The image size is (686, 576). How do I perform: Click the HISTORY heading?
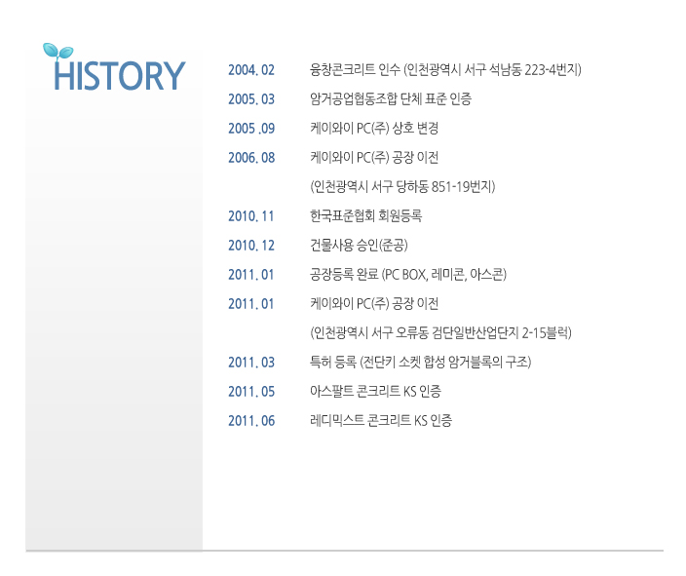(x=120, y=76)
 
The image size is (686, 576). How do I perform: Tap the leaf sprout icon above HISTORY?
(x=57, y=52)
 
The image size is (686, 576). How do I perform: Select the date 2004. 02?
(x=251, y=70)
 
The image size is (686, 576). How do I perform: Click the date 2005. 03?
(x=251, y=98)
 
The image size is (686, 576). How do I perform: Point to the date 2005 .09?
(x=251, y=129)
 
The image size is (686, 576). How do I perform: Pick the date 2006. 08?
(x=251, y=158)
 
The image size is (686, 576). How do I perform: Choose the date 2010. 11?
(x=250, y=216)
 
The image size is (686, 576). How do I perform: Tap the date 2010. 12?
(x=251, y=246)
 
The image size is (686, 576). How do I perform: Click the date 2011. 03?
(x=251, y=363)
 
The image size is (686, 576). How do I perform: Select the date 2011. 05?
(x=251, y=392)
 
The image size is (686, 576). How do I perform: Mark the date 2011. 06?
(x=251, y=421)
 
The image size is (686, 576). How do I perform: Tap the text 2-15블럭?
(x=547, y=333)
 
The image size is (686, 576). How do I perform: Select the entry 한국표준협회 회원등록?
(x=365, y=215)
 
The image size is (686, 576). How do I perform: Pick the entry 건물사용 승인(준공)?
(x=359, y=245)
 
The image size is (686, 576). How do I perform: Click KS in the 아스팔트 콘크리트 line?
(x=409, y=391)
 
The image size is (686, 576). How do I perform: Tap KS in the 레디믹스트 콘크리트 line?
(x=420, y=421)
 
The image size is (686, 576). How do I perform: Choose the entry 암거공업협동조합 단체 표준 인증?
(x=391, y=98)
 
